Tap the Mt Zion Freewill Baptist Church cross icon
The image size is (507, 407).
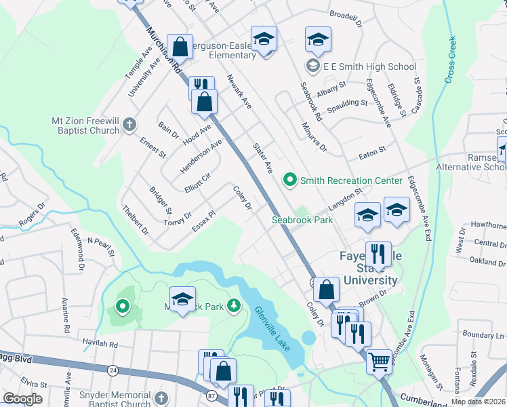(129, 125)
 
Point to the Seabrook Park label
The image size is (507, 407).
(302, 220)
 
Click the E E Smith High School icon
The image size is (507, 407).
(313, 66)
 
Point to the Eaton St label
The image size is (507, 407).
(372, 152)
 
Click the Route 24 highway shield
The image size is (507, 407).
(113, 370)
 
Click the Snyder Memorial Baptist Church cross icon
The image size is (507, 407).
(161, 398)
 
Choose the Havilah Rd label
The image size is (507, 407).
(100, 345)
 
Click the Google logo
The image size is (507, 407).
(22, 398)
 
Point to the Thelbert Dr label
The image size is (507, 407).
(136, 221)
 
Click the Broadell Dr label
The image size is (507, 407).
(347, 14)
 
